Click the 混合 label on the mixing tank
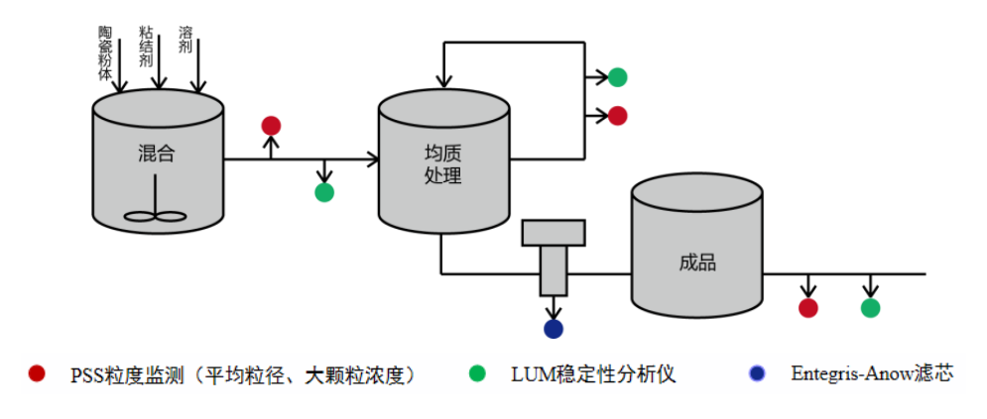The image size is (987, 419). (x=158, y=154)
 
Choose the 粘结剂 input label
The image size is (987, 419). (x=145, y=46)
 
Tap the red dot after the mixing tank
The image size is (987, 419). (x=271, y=126)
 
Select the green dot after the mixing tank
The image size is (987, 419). (x=324, y=192)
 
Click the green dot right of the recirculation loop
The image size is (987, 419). (x=617, y=76)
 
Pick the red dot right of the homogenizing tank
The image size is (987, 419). (x=617, y=116)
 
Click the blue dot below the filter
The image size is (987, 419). (x=554, y=329)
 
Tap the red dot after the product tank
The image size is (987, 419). (x=808, y=308)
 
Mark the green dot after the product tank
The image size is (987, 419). (x=870, y=308)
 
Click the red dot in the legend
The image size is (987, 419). (x=38, y=373)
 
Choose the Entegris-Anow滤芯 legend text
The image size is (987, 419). (x=872, y=374)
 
